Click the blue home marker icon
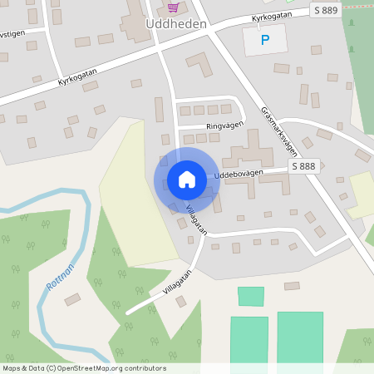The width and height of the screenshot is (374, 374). click(x=187, y=180)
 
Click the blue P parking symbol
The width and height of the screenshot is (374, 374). click(x=265, y=39)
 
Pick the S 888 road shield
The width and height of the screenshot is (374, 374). click(x=304, y=167)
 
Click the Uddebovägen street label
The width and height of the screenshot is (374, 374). click(x=239, y=175)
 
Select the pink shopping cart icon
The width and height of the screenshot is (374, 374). click(x=173, y=7)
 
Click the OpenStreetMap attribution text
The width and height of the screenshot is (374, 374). click(x=84, y=368)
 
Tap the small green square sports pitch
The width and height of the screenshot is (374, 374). click(x=250, y=296)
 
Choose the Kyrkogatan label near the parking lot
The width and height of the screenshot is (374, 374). click(x=274, y=17)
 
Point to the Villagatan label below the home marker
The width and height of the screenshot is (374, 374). click(x=197, y=218)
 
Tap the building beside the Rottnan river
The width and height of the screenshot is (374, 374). click(x=72, y=299)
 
